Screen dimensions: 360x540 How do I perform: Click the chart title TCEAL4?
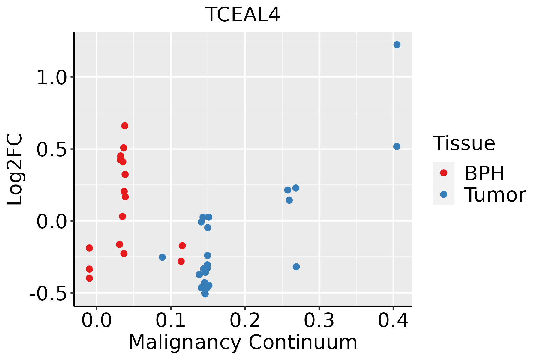(x=243, y=15)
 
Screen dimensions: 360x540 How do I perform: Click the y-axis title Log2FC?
(x=15, y=169)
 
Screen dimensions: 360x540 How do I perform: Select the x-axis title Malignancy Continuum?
(x=243, y=342)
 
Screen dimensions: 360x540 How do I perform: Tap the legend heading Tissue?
(x=464, y=143)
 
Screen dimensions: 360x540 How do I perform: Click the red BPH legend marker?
(x=443, y=173)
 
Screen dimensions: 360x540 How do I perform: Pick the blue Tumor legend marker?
(x=443, y=194)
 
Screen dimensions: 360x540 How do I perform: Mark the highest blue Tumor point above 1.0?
(x=397, y=45)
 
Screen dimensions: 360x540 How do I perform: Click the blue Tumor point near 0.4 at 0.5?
(x=397, y=146)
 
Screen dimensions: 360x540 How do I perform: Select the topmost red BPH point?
(x=125, y=126)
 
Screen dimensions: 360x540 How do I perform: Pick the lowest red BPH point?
(x=89, y=278)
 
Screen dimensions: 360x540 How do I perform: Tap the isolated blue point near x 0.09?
(x=162, y=257)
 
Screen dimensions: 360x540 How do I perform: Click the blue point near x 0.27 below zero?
(x=296, y=267)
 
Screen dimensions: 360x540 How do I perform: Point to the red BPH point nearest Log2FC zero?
(x=122, y=216)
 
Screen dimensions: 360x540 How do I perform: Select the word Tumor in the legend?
(x=495, y=195)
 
